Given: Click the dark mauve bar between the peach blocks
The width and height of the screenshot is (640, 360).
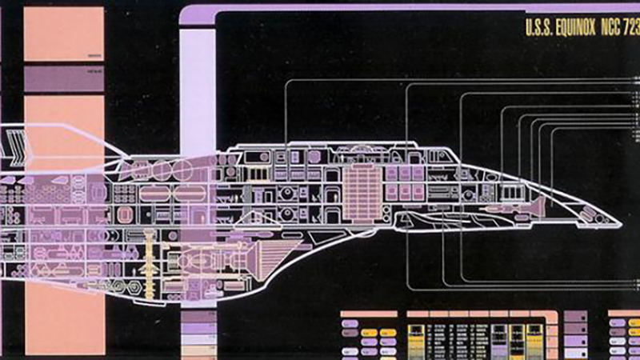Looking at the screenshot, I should [64, 79].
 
